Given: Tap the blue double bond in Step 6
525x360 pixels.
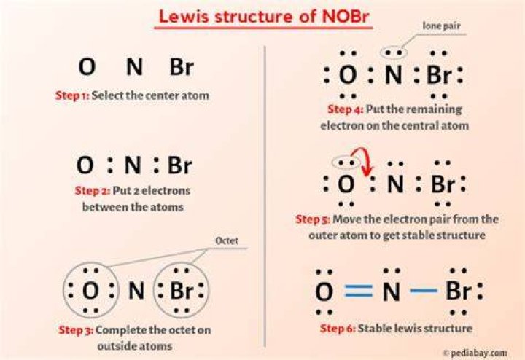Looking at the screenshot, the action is click(x=359, y=291).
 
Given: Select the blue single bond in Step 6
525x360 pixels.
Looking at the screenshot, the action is click(x=424, y=291).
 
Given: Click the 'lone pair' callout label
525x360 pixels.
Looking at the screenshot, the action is click(x=441, y=26).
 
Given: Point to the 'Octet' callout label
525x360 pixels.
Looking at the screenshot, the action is click(x=227, y=240).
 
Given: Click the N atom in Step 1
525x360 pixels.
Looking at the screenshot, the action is click(x=135, y=66).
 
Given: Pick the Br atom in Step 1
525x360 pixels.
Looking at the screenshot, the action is click(x=182, y=66).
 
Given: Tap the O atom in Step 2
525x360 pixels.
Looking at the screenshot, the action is click(x=85, y=165).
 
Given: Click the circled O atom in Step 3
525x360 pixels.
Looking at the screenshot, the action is click(x=90, y=290).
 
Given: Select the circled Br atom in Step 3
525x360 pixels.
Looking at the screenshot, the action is click(x=181, y=290).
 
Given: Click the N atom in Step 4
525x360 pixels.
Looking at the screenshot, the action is click(x=394, y=74).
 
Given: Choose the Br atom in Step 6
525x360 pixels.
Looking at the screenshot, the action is click(x=459, y=291).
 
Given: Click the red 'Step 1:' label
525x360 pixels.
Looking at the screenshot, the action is click(x=72, y=95).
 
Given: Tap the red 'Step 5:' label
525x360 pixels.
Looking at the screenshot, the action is click(x=313, y=219).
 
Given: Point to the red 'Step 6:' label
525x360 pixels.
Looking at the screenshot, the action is click(x=338, y=328).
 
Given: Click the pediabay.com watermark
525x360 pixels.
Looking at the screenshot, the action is click(x=475, y=353).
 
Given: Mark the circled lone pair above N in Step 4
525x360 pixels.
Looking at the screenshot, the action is click(x=394, y=52).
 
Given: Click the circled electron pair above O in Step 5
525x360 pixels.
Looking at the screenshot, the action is click(x=346, y=163).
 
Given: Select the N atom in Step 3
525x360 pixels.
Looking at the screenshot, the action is click(x=136, y=291).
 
